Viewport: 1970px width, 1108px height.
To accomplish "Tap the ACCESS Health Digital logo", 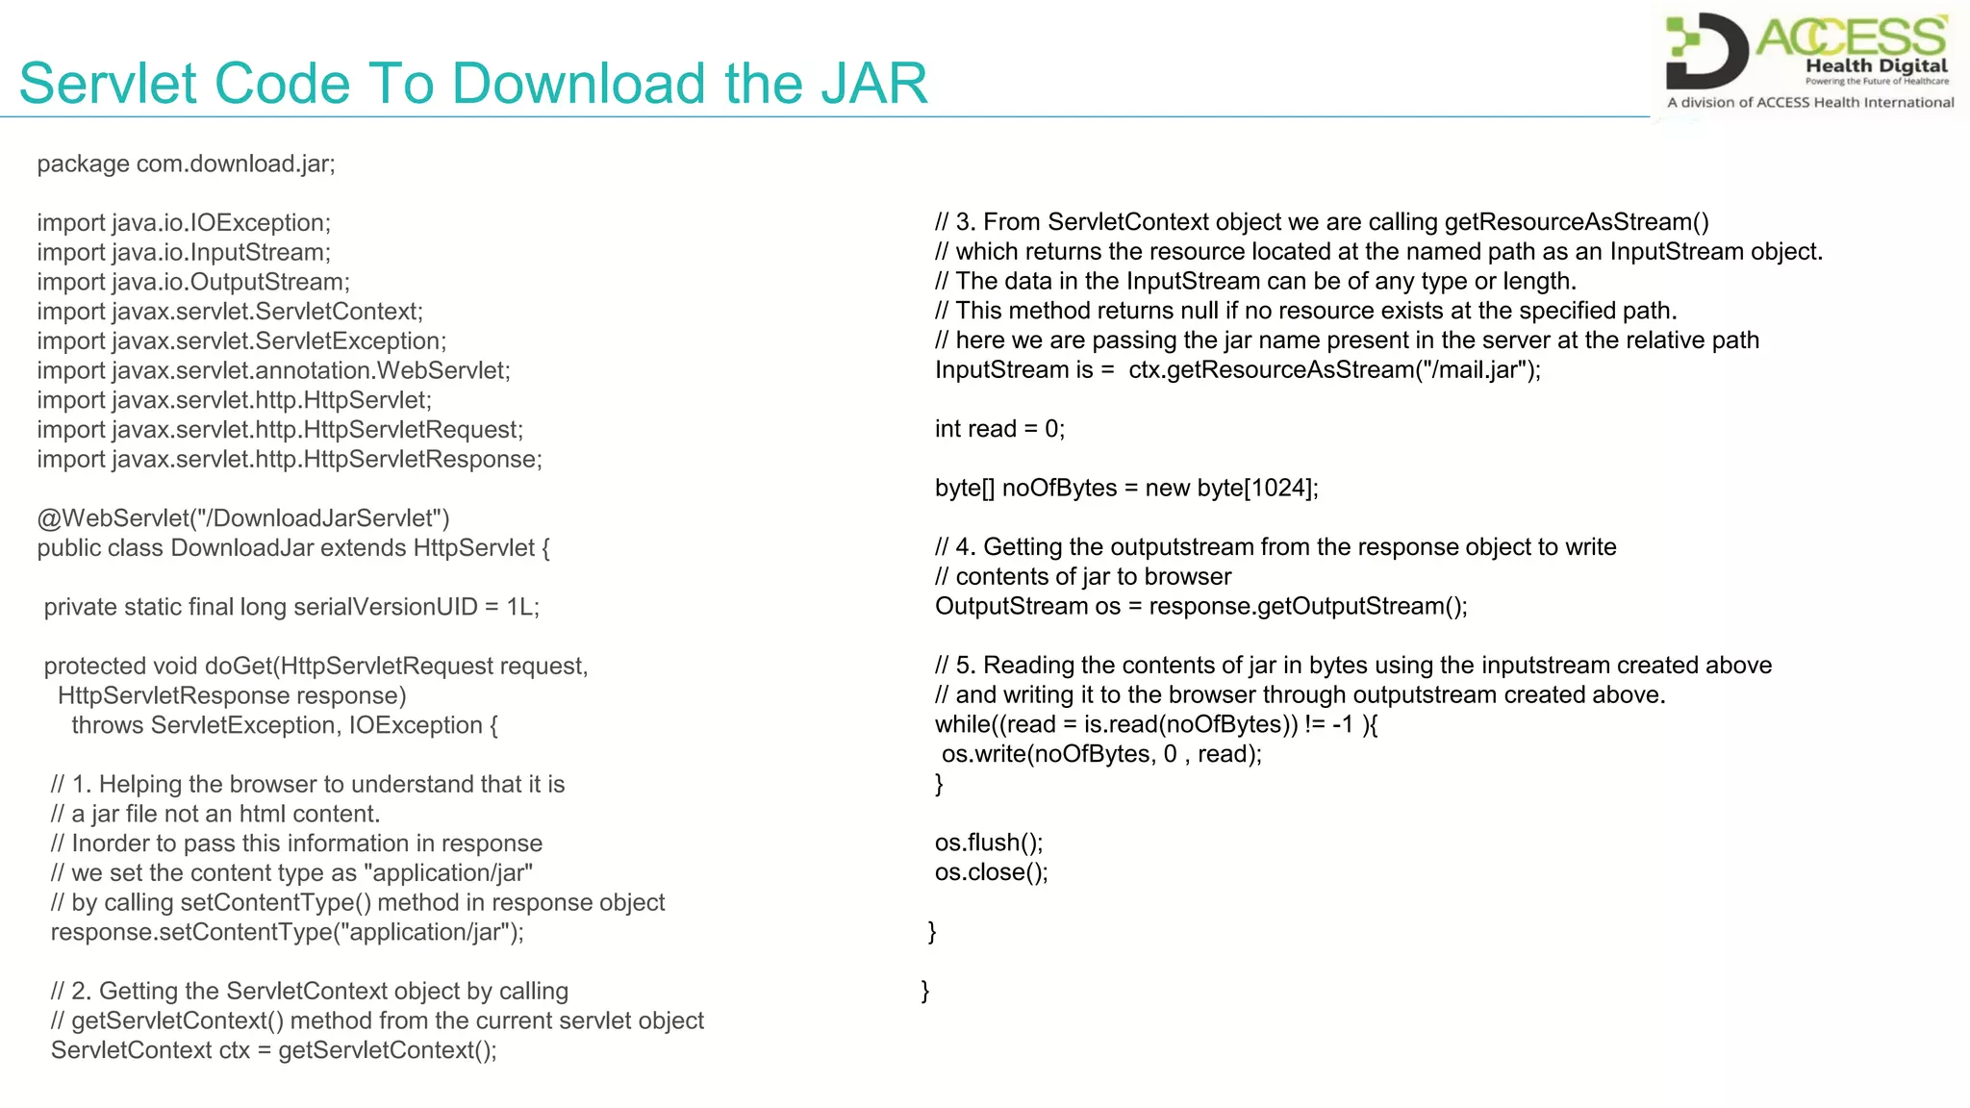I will (1809, 61).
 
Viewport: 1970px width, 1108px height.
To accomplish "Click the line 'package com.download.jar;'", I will (186, 164).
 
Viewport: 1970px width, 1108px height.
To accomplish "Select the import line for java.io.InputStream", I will (184, 252).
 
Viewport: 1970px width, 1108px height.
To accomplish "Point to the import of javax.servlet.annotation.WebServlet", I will (274, 370).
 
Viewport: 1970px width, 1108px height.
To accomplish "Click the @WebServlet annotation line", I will (243, 518).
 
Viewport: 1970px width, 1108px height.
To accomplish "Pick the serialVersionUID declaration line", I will (291, 607).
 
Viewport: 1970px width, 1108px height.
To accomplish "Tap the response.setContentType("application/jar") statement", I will (288, 932).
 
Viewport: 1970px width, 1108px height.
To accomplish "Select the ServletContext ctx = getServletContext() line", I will (274, 1050).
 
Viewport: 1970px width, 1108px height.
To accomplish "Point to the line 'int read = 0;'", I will (999, 429).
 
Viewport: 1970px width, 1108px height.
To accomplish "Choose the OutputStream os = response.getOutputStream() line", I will (1200, 606).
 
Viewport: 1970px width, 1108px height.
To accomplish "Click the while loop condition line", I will (1156, 724).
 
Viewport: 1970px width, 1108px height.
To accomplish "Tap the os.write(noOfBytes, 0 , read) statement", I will (1101, 754).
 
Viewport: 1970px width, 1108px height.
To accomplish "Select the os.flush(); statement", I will (988, 843).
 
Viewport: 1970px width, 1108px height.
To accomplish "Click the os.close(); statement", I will (991, 872).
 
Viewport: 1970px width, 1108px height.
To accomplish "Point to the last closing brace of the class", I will (925, 991).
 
